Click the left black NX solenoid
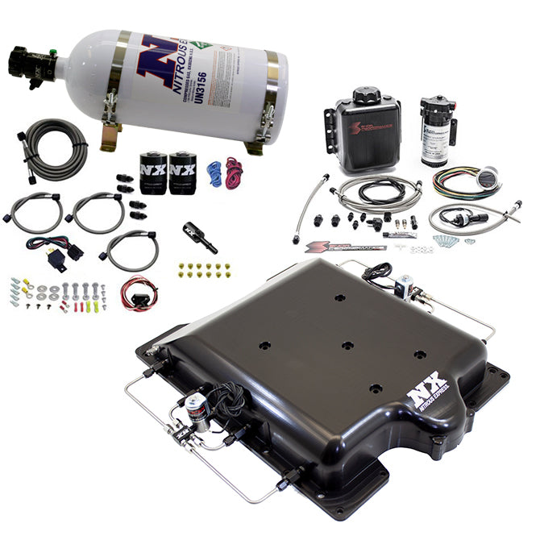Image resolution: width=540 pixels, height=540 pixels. (x=153, y=172)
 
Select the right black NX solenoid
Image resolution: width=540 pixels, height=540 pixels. (x=183, y=171)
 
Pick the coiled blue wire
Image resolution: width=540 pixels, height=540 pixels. (x=214, y=172)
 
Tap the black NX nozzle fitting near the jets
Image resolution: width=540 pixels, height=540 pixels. (x=200, y=237)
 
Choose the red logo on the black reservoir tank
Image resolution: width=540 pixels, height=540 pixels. (x=363, y=132)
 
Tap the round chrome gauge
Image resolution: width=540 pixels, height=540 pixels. (x=487, y=183)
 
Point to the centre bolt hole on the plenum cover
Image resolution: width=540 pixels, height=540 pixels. (x=347, y=345)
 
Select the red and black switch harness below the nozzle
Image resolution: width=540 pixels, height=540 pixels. (x=138, y=293)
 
